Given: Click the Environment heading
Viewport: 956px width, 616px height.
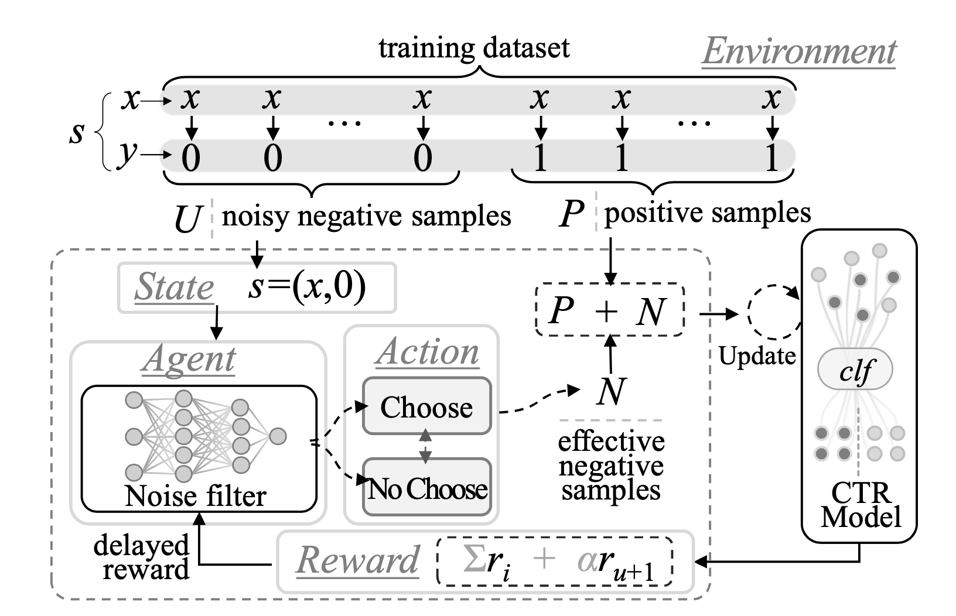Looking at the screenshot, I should click(799, 52).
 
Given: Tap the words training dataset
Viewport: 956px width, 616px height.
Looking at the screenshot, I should click(474, 47).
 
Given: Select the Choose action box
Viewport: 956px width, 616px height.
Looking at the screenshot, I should click(426, 407).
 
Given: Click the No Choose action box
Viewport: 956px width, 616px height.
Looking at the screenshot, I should click(427, 488).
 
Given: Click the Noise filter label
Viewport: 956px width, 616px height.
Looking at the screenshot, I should click(195, 496).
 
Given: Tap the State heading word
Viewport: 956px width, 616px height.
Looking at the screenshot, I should click(174, 287).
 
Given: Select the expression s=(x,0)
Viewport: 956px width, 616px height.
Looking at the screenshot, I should click(306, 286).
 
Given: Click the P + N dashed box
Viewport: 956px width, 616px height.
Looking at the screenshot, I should click(610, 310).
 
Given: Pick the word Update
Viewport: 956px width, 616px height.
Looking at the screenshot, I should click(757, 355).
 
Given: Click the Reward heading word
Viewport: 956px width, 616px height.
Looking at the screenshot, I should click(357, 560).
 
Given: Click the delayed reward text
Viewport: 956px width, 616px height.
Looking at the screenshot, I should click(142, 557).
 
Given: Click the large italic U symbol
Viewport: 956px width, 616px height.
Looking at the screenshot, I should click(187, 220).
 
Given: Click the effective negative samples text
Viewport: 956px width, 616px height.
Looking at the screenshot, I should click(611, 466).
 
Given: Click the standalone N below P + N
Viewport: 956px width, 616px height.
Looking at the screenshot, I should click(610, 391).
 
